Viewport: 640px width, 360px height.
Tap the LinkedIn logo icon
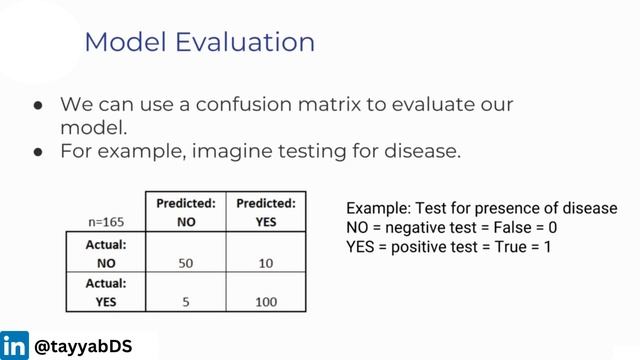pyautogui.click(x=14, y=346)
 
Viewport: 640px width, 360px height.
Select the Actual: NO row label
pyautogui.click(x=105, y=251)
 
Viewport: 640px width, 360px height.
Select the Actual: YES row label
pyautogui.click(x=105, y=291)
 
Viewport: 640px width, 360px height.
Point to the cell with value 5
pyautogui.click(x=186, y=300)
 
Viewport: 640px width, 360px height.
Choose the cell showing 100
pyautogui.click(x=265, y=300)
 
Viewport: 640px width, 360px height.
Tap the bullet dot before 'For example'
pyautogui.click(x=37, y=153)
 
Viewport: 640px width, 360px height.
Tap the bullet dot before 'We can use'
pyautogui.click(x=37, y=105)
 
